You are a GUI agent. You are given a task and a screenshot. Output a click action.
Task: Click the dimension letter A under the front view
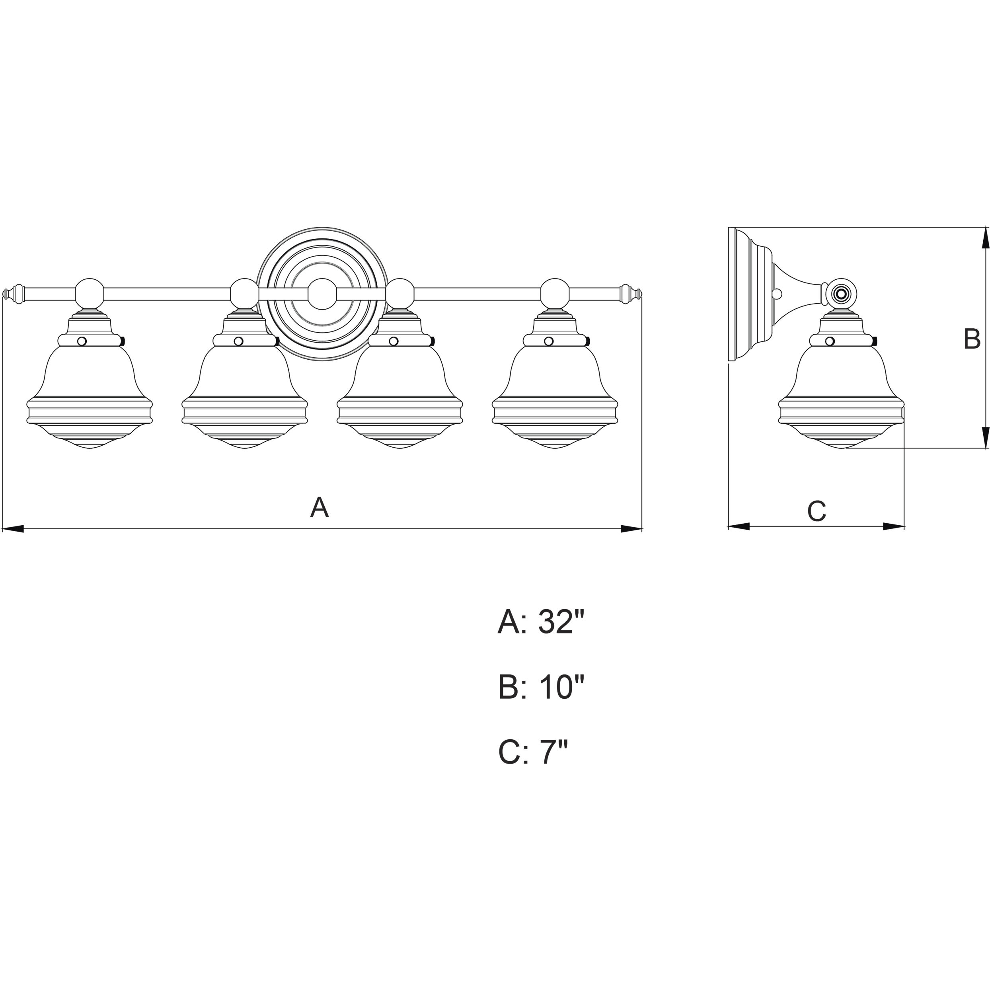click(319, 507)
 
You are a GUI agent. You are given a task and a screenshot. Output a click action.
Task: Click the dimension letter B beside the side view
click(972, 339)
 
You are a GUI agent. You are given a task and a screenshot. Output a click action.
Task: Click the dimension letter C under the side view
click(817, 511)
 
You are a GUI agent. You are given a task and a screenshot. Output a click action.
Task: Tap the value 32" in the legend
click(561, 623)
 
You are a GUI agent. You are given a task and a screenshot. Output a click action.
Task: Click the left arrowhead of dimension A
click(13, 529)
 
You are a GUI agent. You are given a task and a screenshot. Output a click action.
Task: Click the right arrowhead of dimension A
click(631, 529)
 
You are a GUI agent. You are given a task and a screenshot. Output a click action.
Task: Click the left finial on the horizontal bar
click(14, 294)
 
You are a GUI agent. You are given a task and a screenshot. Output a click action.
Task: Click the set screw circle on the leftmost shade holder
click(82, 341)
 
